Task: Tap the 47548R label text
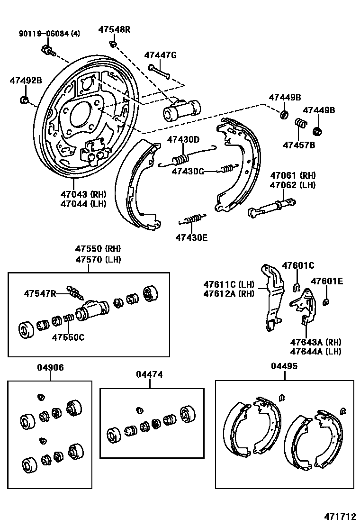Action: coord(114,29)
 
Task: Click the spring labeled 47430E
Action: coord(192,219)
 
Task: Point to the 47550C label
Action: coord(68,337)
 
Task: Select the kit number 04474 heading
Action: coord(149,374)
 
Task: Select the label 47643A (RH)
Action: coord(315,342)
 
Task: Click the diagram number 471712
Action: coord(340,516)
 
